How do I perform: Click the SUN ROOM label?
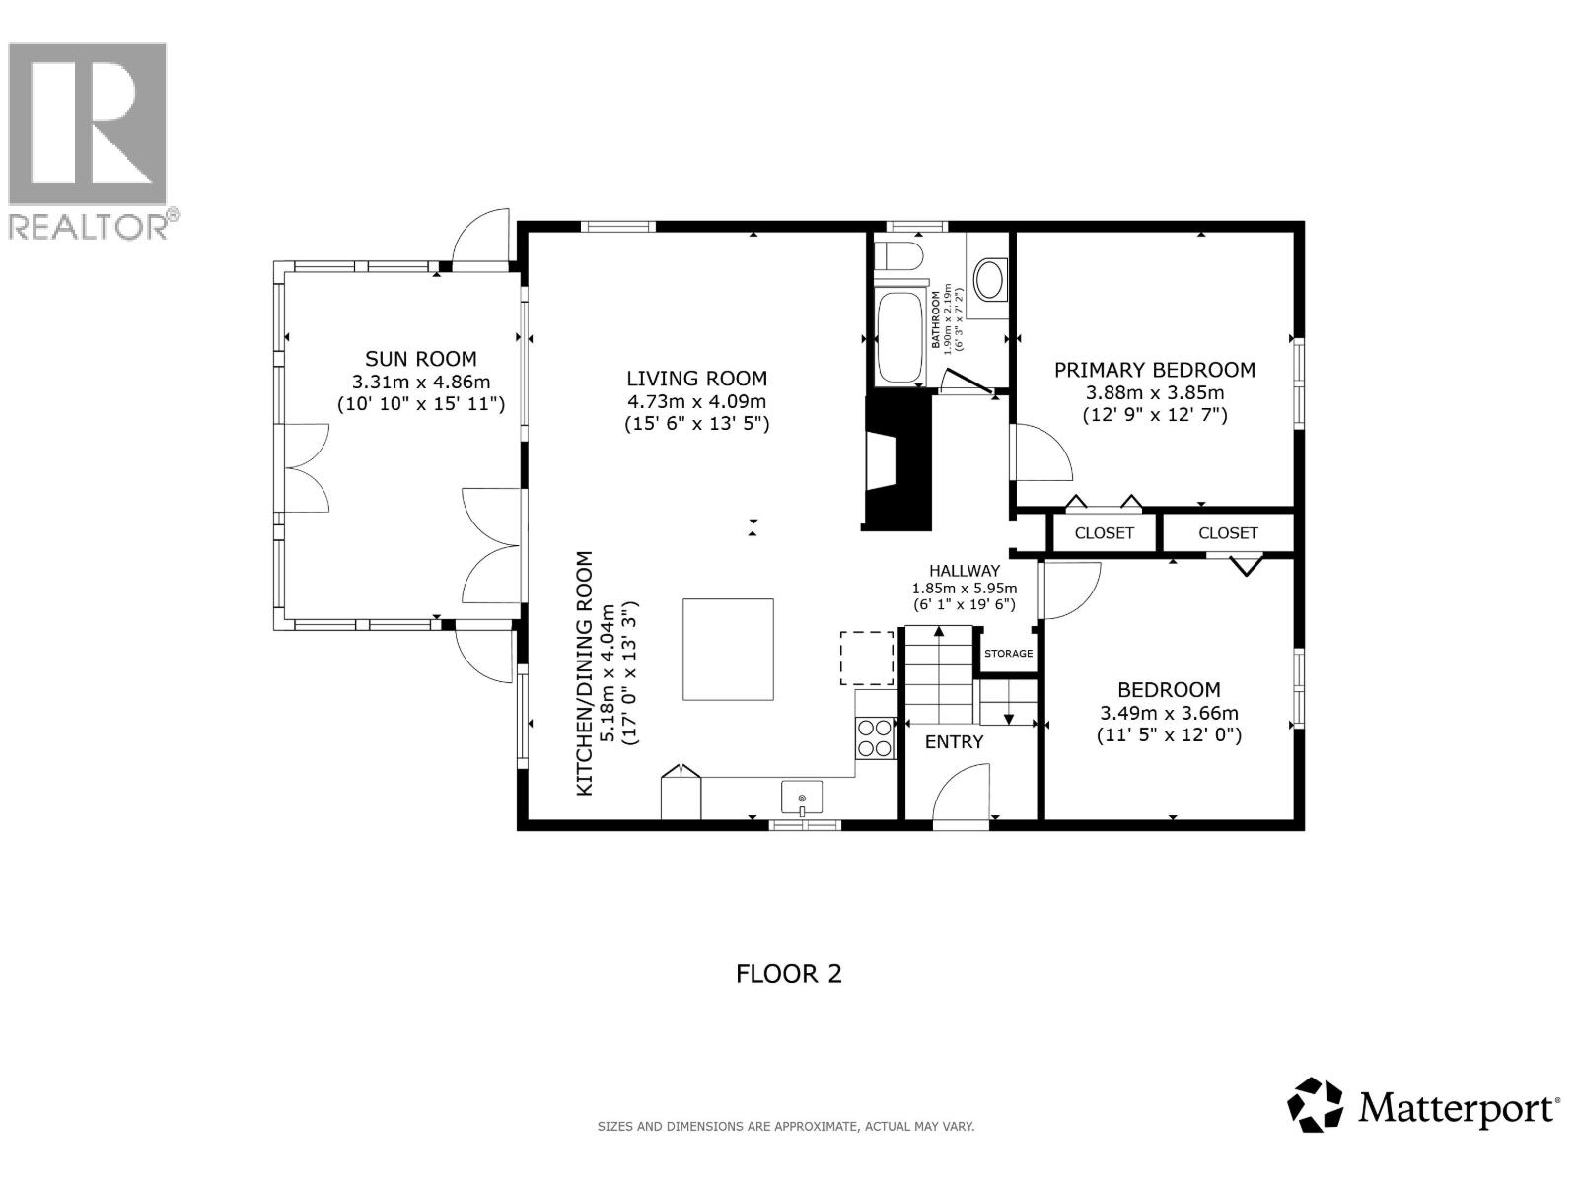(x=420, y=359)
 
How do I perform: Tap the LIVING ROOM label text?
(x=696, y=379)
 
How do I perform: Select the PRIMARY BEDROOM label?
(x=1154, y=370)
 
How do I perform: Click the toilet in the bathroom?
(x=898, y=256)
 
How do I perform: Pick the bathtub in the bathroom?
(x=899, y=337)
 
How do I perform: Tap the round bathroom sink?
(x=989, y=280)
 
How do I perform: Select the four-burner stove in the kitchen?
(x=874, y=737)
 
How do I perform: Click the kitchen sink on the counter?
(x=803, y=797)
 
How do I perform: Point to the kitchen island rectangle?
(x=728, y=650)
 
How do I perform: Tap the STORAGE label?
(x=1008, y=654)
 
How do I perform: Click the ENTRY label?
(x=954, y=742)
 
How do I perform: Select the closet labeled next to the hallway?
(x=1104, y=533)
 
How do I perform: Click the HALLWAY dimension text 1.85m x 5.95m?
(x=964, y=589)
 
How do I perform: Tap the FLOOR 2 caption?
(x=789, y=974)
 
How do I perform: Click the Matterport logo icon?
(x=1316, y=1105)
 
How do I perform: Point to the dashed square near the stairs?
(x=866, y=659)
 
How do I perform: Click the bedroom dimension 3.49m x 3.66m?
(x=1169, y=713)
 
